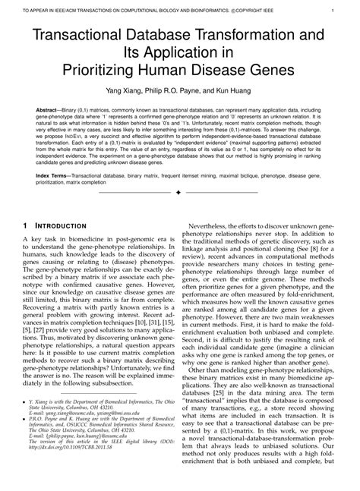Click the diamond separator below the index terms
click(x=180, y=194)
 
